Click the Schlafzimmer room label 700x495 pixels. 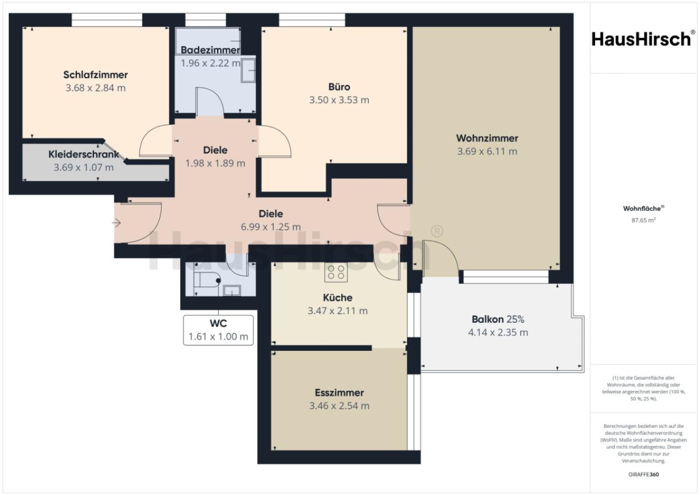[95, 75]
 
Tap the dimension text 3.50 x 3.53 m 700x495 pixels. [339, 100]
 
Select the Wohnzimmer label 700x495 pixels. [487, 138]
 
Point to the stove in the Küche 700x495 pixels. [336, 272]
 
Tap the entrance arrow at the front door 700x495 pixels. [116, 223]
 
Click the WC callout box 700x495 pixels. [218, 330]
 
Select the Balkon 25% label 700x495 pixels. [498, 319]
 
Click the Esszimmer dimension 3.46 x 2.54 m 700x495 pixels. [339, 406]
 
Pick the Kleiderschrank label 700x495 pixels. [84, 154]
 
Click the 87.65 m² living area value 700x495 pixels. [643, 221]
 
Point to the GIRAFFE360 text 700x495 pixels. [643, 474]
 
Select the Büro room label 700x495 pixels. [339, 87]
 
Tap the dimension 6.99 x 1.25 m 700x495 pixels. [271, 227]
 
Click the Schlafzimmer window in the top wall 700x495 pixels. [107, 20]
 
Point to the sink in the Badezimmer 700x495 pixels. [248, 71]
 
